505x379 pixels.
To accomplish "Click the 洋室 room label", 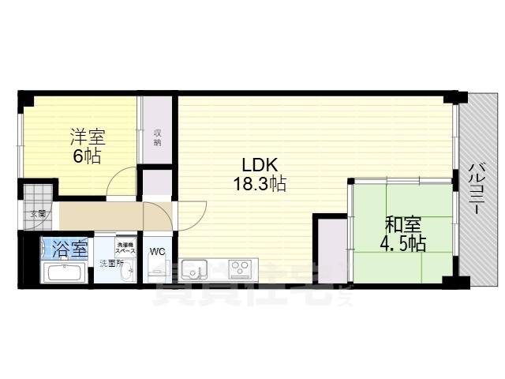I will [87, 136].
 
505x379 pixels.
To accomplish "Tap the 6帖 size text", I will [87, 156].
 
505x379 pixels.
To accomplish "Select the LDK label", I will [258, 166].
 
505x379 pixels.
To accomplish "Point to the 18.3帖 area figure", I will [259, 185].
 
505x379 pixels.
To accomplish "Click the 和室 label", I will [402, 223].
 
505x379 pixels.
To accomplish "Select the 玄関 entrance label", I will [38, 213].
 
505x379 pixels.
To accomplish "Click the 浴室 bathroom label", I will [69, 250].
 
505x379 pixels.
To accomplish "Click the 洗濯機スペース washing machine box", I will [125, 244].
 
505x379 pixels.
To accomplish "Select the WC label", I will [157, 252].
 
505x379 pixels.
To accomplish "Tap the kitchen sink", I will [193, 271].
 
